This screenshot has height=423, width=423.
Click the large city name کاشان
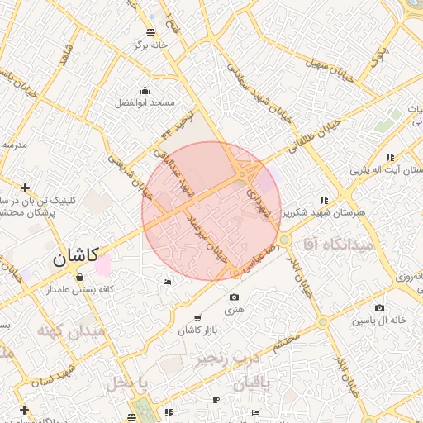click(76, 256)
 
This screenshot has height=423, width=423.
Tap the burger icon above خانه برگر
click(150, 32)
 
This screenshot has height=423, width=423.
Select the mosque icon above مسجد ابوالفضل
click(145, 91)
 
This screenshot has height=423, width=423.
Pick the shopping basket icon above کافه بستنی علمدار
click(79, 277)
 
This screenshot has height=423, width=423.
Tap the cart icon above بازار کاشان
click(197, 318)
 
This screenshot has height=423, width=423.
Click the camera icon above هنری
click(235, 297)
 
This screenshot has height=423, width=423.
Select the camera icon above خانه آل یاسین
click(379, 307)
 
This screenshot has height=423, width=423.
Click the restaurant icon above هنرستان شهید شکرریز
click(324, 200)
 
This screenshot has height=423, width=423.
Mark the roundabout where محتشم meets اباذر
click(322, 322)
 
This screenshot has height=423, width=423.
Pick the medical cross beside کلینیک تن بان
click(26, 188)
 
